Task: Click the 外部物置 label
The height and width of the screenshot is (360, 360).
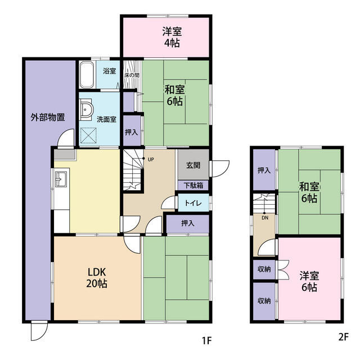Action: pos(47,118)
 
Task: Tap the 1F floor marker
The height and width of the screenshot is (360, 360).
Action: pos(206,340)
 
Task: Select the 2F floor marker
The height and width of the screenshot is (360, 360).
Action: pos(343,340)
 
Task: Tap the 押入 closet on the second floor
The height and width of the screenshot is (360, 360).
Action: pos(263,169)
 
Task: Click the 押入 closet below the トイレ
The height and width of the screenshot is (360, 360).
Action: pos(188,223)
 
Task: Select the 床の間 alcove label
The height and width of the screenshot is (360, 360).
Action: pos(132,75)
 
